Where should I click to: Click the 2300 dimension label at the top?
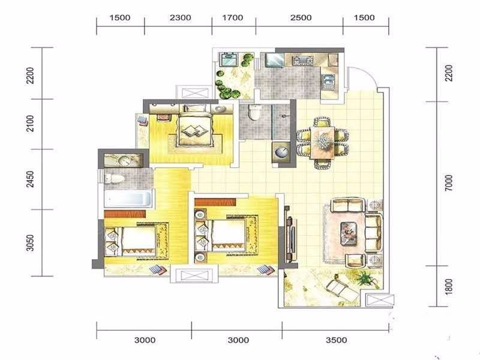181,18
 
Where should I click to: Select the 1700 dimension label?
233,18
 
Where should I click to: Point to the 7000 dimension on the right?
448,183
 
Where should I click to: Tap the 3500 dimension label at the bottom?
337,340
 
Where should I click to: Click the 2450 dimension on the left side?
30,179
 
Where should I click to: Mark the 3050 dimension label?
30,243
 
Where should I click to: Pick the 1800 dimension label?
448,287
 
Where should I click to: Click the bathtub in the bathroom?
128,199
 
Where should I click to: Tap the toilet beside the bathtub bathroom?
114,178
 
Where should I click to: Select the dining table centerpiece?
323,142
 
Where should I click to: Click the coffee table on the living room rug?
349,233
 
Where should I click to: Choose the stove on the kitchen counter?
302,60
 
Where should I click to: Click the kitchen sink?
328,82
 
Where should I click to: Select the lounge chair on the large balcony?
342,290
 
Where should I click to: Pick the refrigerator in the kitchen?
274,60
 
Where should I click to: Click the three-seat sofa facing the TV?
373,233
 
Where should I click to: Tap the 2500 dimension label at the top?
301,18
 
